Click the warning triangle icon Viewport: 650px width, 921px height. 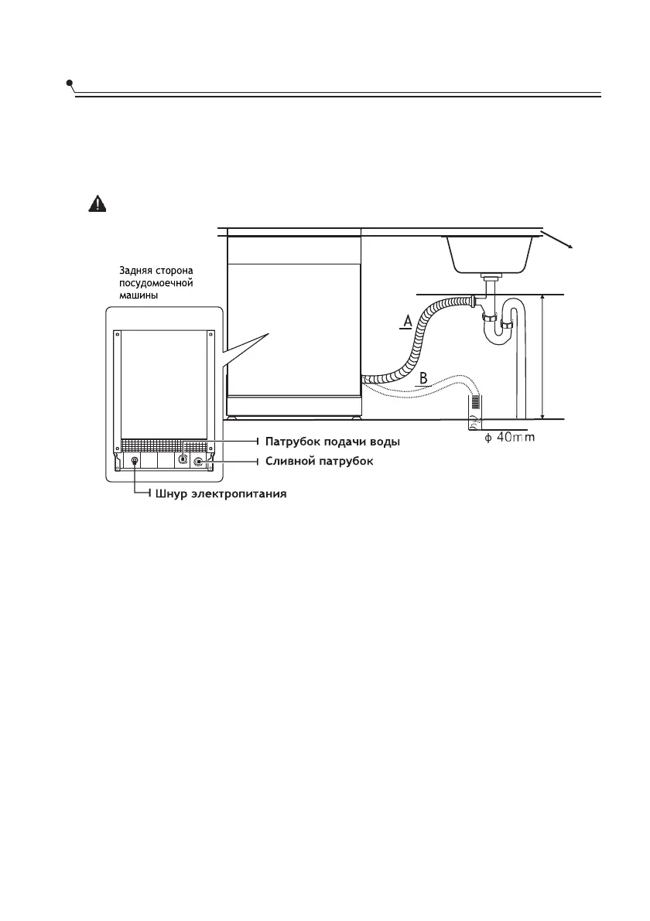point(97,203)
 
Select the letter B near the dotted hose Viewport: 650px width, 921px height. point(423,378)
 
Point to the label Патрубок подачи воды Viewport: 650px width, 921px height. point(333,442)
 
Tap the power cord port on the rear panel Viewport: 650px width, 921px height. point(135,461)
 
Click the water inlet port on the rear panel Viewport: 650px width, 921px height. point(183,458)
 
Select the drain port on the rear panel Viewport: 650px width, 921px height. point(198,462)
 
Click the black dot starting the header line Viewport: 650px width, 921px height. point(70,83)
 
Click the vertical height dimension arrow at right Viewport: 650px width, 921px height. point(544,356)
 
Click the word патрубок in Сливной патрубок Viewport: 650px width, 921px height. point(346,461)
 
